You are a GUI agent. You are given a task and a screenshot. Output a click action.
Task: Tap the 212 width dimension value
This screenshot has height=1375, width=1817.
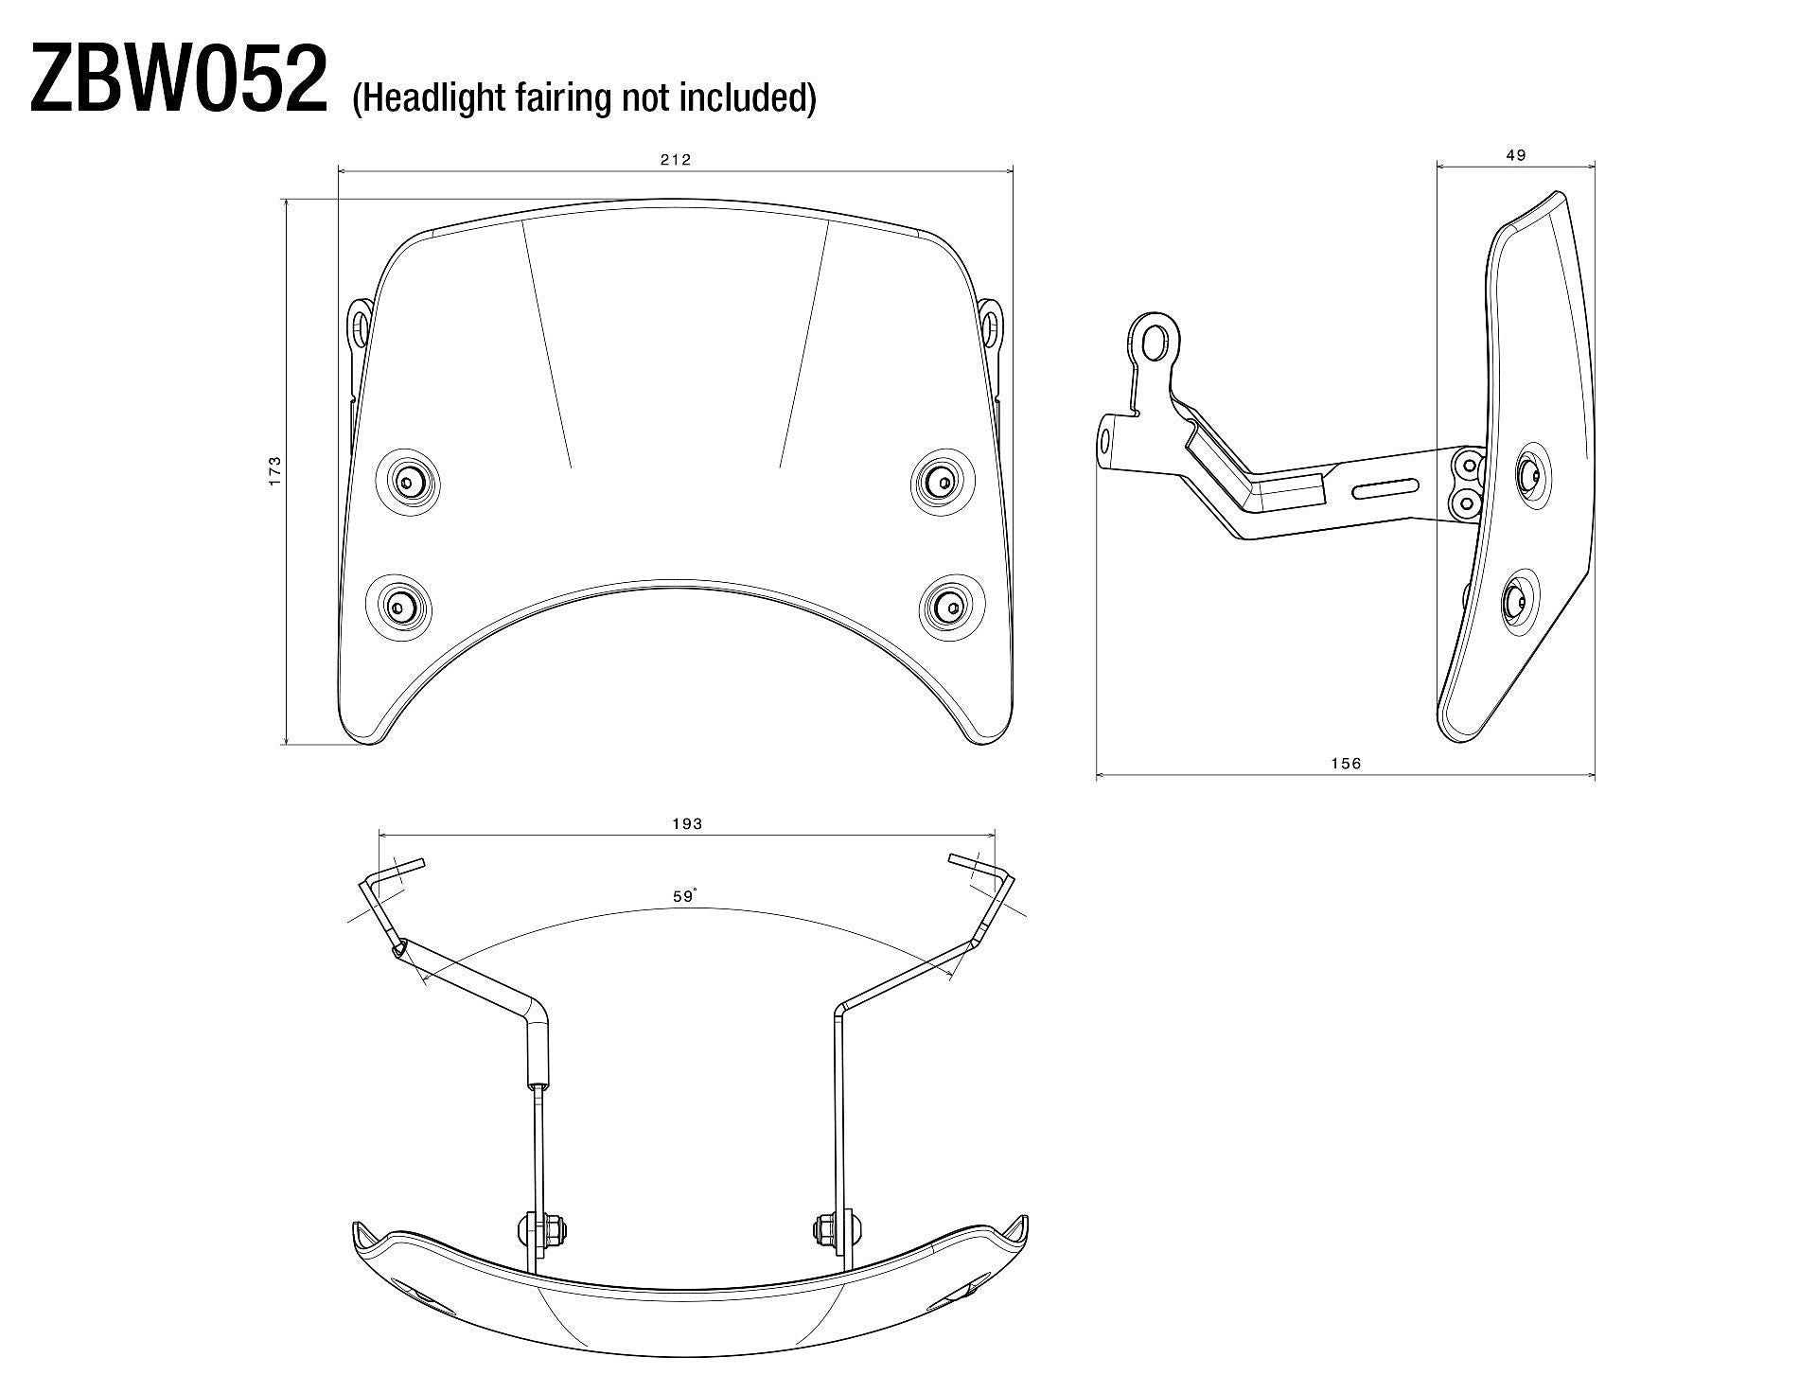click(675, 160)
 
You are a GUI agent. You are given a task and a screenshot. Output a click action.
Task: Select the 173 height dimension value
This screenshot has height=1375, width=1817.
click(275, 470)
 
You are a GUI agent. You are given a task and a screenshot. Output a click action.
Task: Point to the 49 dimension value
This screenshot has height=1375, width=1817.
click(1515, 156)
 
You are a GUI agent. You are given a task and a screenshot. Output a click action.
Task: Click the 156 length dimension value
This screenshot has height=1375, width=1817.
click(1345, 764)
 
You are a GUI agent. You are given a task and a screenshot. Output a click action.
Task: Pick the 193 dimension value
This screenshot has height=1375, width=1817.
click(687, 824)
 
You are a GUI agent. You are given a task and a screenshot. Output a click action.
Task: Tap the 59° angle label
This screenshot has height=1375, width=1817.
click(685, 896)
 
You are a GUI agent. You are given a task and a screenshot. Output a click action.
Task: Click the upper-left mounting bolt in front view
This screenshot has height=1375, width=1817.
click(408, 482)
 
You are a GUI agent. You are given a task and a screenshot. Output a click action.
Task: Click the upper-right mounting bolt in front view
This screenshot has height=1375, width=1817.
click(943, 482)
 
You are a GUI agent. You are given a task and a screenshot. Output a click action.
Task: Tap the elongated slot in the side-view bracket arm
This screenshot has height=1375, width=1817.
click(1386, 489)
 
